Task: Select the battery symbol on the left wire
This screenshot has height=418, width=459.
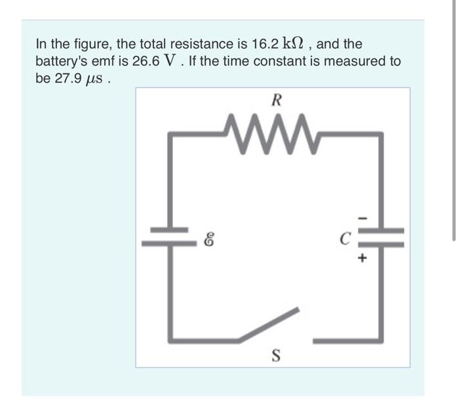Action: click(172, 236)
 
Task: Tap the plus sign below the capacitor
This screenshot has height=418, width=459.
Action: click(361, 258)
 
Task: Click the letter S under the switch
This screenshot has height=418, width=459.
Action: click(276, 356)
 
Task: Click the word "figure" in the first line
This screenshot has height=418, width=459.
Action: click(94, 45)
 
